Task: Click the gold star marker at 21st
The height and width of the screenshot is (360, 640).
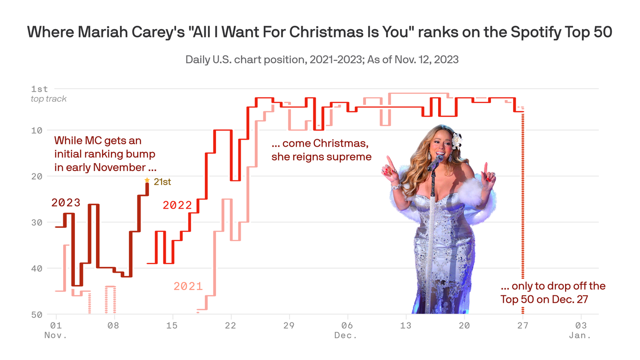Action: (x=147, y=180)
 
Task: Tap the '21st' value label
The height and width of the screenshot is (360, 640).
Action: (x=162, y=182)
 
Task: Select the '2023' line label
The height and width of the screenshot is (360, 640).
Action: (x=66, y=203)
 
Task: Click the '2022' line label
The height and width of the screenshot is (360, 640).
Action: (x=177, y=205)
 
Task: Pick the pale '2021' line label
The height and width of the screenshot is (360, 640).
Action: (x=188, y=286)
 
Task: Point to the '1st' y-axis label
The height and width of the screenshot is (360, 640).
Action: (x=39, y=89)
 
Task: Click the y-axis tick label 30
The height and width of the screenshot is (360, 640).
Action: (x=37, y=222)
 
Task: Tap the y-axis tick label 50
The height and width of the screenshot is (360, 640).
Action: (x=37, y=315)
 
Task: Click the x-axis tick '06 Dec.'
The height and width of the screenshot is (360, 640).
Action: (x=346, y=330)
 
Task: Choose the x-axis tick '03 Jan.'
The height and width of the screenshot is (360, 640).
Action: (x=581, y=330)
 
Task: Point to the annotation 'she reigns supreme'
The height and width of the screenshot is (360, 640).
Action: (x=321, y=157)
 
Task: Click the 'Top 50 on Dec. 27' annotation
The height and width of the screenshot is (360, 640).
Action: (x=543, y=300)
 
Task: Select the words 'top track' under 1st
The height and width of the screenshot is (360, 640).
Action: (x=49, y=99)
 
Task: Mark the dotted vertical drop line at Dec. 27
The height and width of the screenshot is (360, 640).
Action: (x=523, y=211)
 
